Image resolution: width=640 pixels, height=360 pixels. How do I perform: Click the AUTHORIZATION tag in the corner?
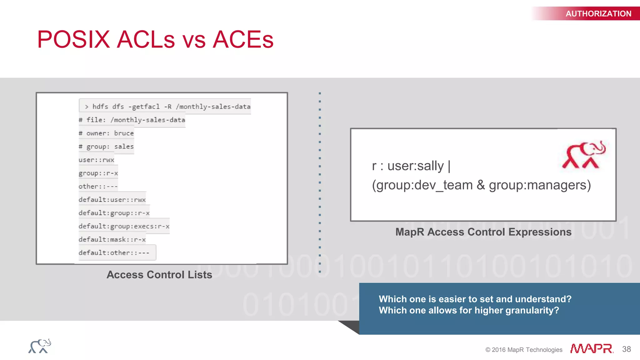[x=598, y=14]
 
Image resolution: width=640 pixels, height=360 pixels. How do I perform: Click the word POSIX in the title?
[x=73, y=40]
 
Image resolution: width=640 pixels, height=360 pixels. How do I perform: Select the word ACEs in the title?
[x=243, y=40]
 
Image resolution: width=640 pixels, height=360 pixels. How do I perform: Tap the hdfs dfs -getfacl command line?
[x=167, y=107]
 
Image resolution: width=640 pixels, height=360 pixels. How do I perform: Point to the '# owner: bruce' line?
[x=106, y=133]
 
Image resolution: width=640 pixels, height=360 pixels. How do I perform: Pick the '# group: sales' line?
[x=106, y=147]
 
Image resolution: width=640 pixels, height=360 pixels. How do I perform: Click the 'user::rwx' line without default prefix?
[x=96, y=160]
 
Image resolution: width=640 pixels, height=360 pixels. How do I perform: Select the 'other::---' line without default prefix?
[x=98, y=187]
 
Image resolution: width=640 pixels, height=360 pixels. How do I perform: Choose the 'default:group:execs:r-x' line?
[x=124, y=226]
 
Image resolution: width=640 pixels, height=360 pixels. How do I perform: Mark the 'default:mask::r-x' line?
[x=112, y=240]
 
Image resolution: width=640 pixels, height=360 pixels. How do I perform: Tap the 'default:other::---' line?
[x=114, y=253]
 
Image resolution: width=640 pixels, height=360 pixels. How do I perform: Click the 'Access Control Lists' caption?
[x=159, y=275]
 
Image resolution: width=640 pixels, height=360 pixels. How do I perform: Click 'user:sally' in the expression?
[x=415, y=166]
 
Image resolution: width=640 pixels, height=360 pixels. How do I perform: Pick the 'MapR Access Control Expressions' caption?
[x=483, y=232]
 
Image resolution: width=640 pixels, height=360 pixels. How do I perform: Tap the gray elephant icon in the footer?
[x=40, y=346]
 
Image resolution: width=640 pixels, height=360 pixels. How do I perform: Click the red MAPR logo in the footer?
[x=592, y=348]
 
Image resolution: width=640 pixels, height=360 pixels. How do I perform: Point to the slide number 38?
[x=627, y=349]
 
